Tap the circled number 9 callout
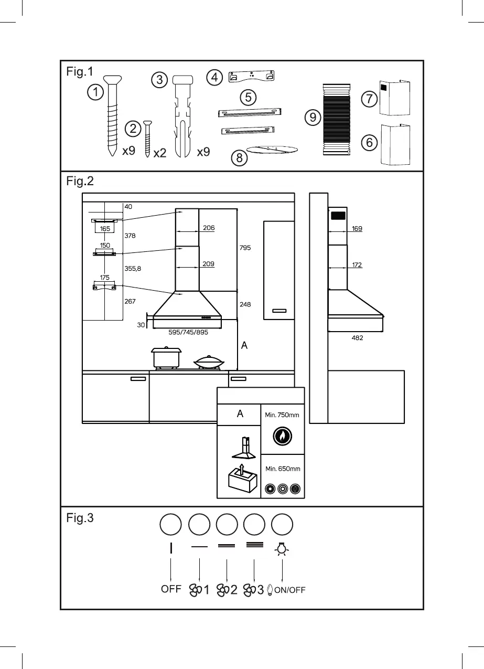(313, 118)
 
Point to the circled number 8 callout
(240, 157)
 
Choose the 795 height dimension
(245, 248)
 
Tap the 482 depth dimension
(357, 338)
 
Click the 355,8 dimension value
(133, 268)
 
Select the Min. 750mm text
(282, 415)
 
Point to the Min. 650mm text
(282, 469)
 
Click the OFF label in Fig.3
(171, 589)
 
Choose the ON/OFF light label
(289, 590)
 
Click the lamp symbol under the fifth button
(283, 548)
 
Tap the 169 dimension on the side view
(357, 229)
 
